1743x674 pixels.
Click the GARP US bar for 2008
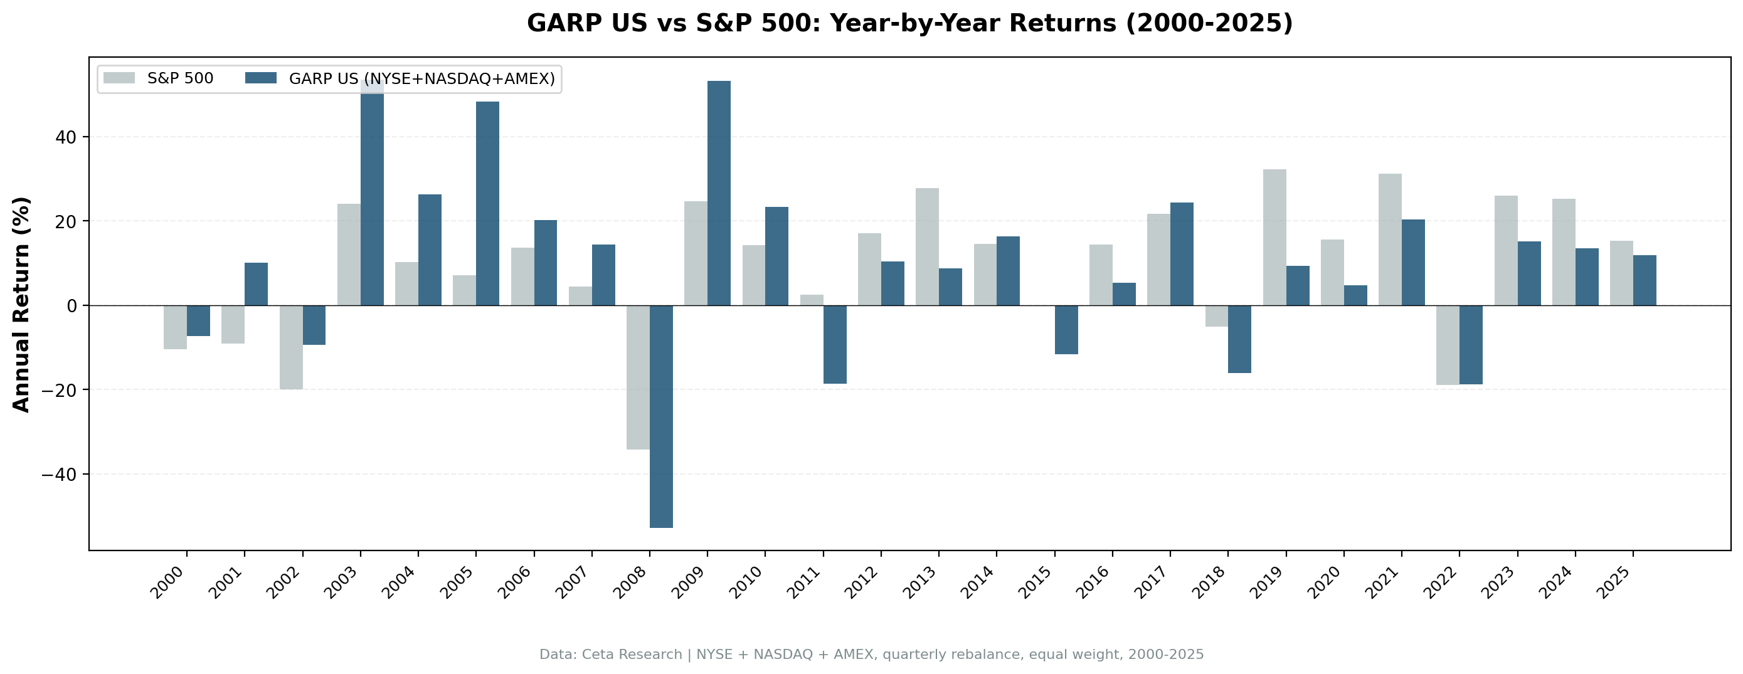click(x=661, y=416)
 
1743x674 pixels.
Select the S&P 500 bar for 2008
click(x=638, y=377)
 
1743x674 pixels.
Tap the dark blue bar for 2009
click(x=719, y=193)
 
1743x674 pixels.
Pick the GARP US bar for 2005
click(x=487, y=203)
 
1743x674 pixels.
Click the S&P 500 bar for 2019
click(x=1274, y=237)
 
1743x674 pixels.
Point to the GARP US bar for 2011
click(x=834, y=344)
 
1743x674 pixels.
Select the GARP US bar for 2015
click(x=1066, y=330)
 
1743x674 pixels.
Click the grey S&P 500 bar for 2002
click(x=291, y=347)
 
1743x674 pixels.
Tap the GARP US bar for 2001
click(x=256, y=283)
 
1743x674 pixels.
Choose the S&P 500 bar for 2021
click(x=1390, y=240)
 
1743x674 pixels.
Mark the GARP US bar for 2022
click(x=1470, y=344)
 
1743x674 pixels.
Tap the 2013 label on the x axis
click(x=921, y=582)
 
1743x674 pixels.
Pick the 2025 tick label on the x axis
click(x=1615, y=582)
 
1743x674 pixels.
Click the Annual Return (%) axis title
click(x=22, y=305)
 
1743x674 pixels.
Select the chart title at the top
click(x=909, y=23)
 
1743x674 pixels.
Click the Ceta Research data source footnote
click(x=872, y=655)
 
